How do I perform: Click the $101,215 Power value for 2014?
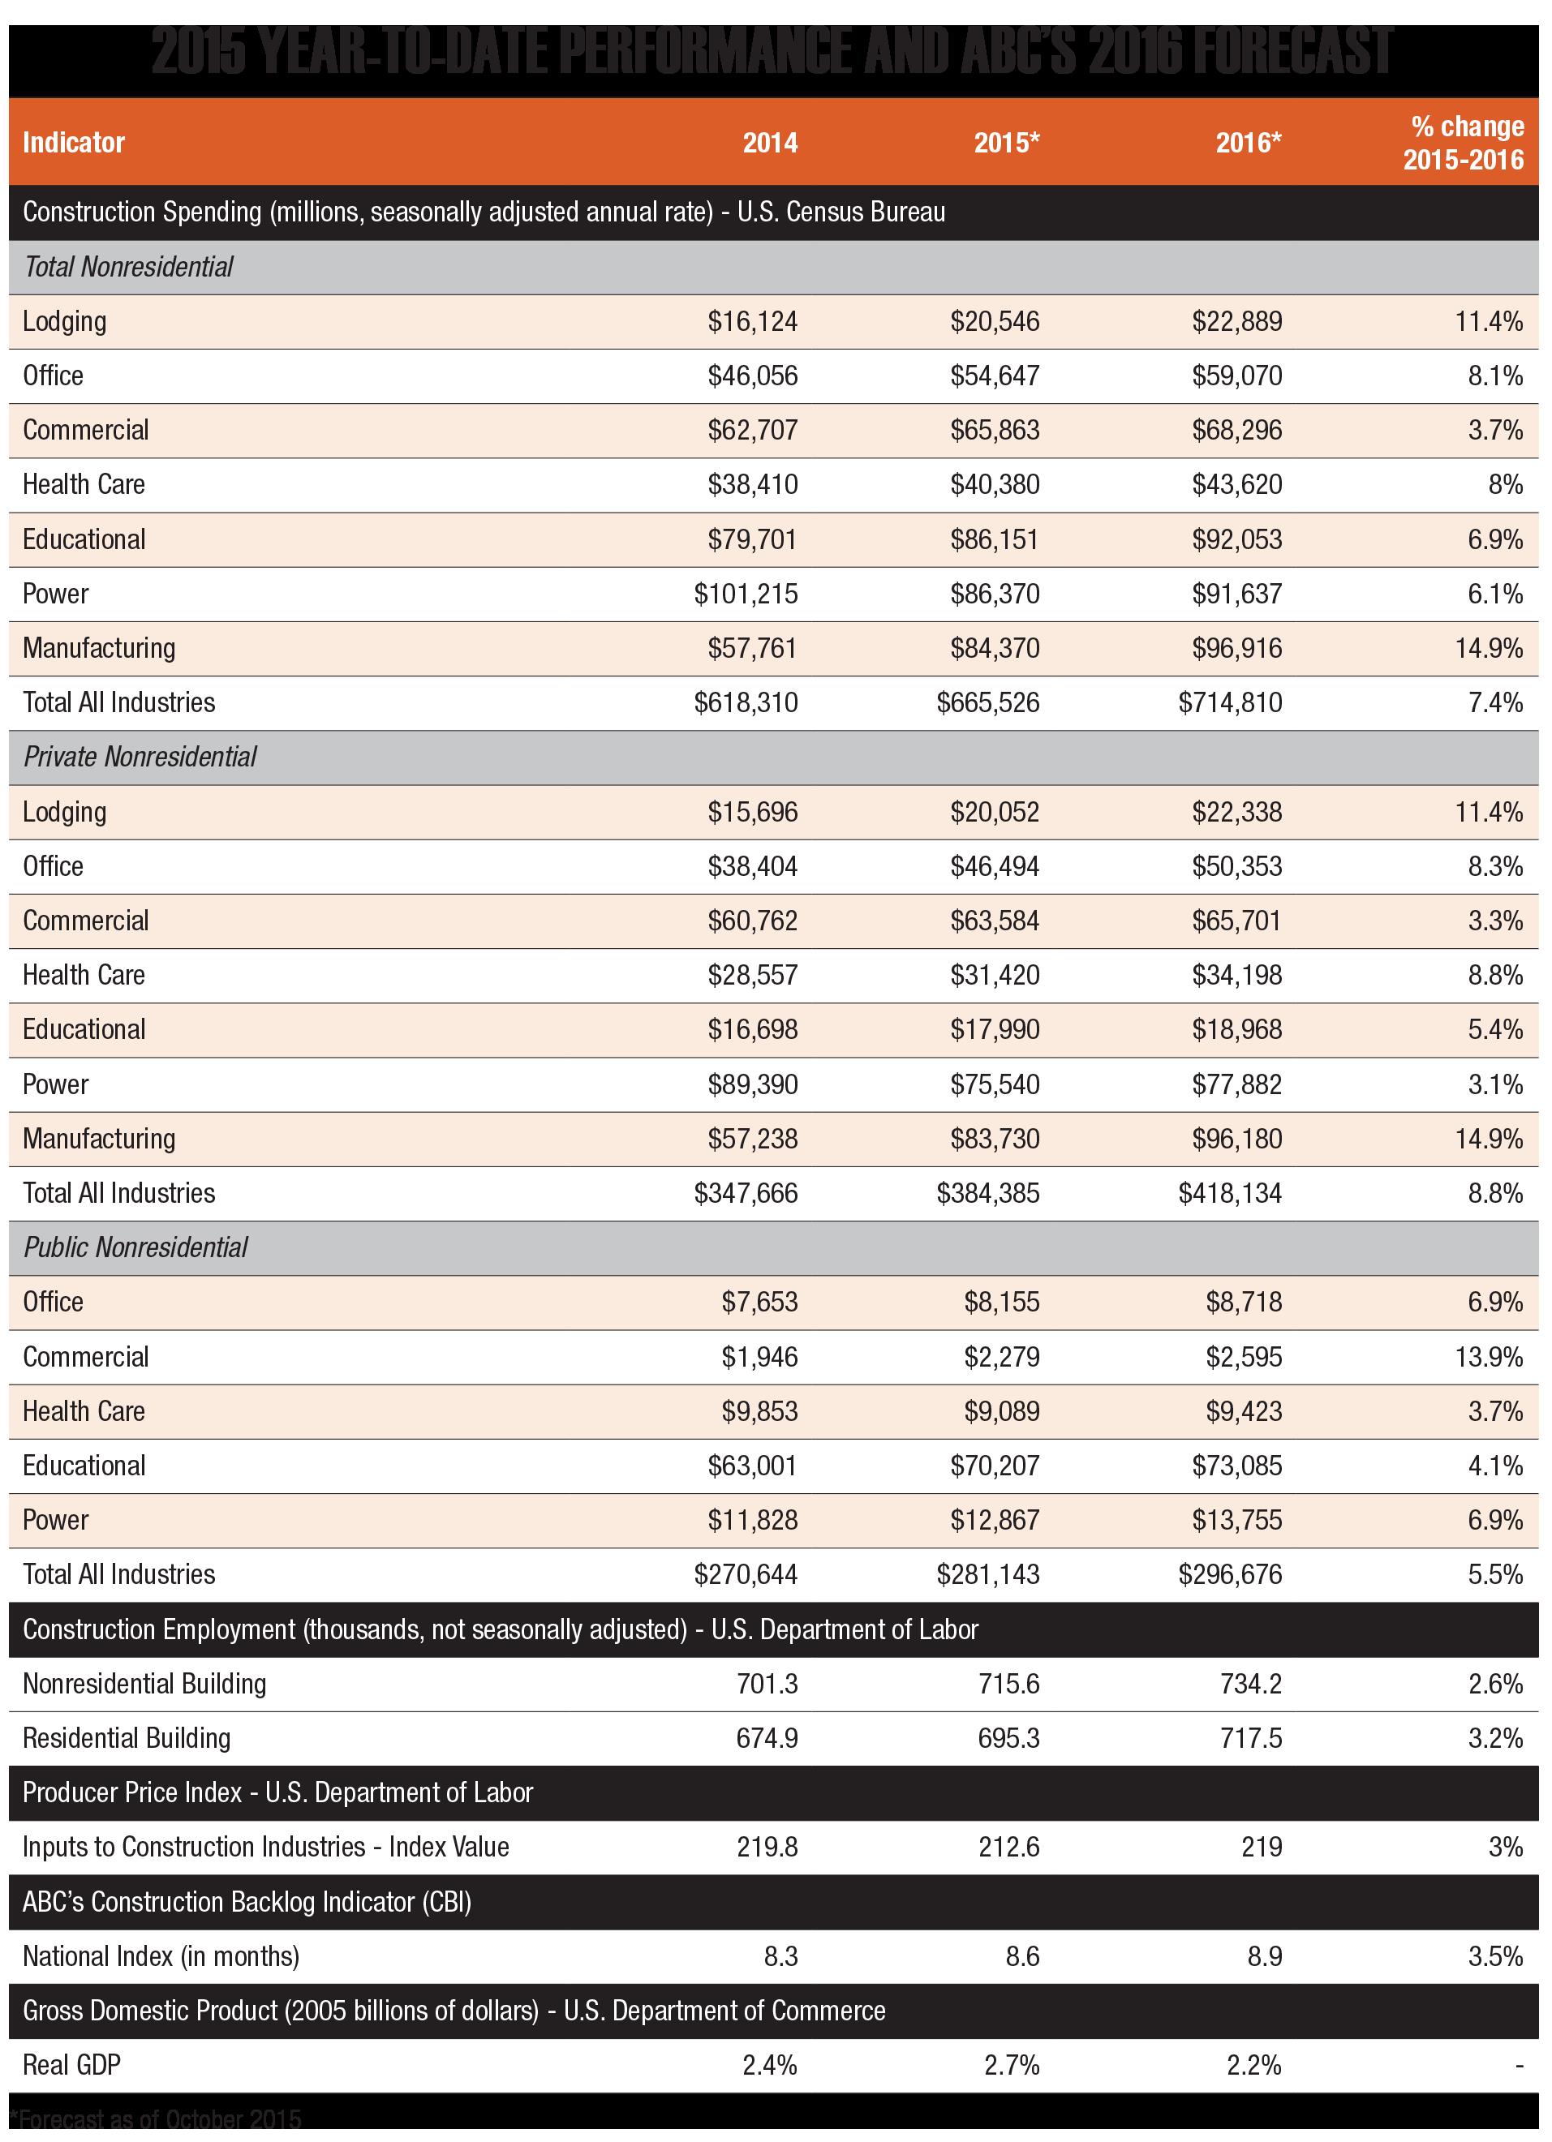[746, 594]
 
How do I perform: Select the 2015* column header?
[1006, 143]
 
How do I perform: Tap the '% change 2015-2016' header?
[1464, 143]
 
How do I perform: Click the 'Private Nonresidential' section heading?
[140, 758]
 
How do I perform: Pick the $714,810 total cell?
[1230, 702]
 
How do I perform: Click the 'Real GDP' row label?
[71, 2065]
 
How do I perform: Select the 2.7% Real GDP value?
[1012, 2066]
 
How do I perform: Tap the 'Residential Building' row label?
[127, 1738]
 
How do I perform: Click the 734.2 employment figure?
[1251, 1684]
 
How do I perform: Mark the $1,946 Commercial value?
[759, 1357]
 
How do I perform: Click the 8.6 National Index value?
[1022, 1956]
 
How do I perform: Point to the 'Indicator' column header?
[74, 143]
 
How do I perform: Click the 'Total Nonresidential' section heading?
[128, 268]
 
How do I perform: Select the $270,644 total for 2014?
[746, 1574]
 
